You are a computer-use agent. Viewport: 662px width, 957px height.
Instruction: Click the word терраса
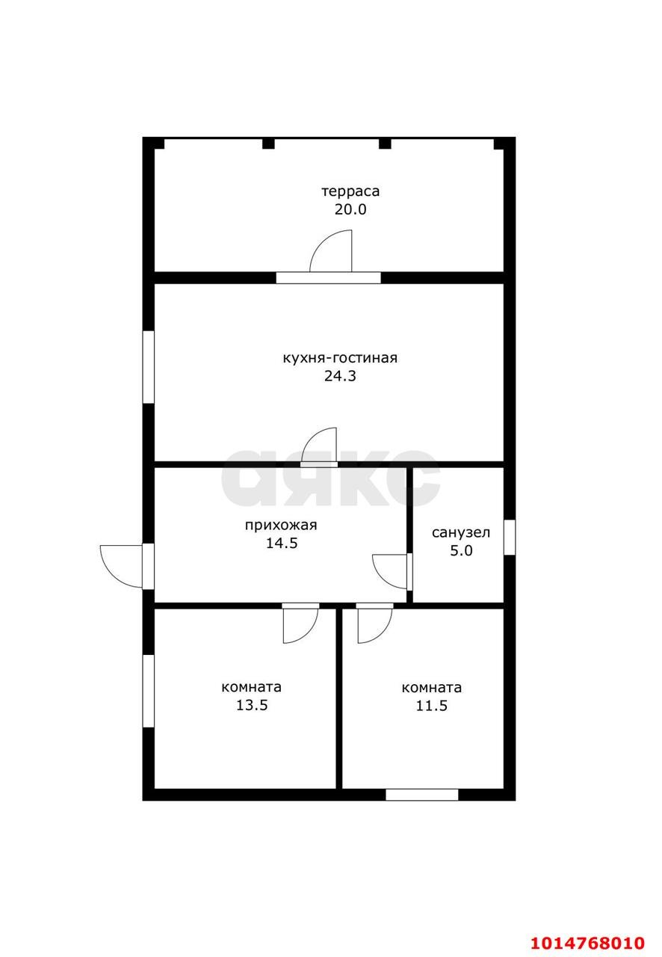(350, 191)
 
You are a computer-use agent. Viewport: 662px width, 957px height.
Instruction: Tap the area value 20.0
(350, 209)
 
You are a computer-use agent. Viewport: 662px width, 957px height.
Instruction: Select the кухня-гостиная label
(340, 357)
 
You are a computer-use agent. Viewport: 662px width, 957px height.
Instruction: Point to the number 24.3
(340, 376)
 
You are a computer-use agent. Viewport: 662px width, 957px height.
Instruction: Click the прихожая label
(281, 525)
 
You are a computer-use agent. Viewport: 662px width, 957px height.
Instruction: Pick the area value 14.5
(282, 544)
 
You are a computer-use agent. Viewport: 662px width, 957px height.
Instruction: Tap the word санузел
(461, 533)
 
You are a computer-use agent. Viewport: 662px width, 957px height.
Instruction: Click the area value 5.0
(461, 551)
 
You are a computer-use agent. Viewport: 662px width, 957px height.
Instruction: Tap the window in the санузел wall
(510, 538)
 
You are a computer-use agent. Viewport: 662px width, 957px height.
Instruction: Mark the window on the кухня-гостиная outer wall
(148, 367)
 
